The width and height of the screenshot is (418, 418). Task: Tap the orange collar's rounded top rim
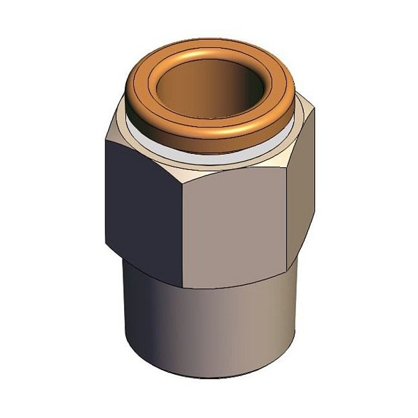(x=209, y=52)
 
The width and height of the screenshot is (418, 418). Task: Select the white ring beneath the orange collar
(x=209, y=157)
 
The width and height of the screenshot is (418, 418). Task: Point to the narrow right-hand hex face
(x=301, y=202)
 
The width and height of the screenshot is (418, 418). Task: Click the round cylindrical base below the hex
(x=209, y=327)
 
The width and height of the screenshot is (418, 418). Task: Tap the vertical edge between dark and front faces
(x=180, y=230)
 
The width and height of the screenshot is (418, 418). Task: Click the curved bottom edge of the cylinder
(x=209, y=376)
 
